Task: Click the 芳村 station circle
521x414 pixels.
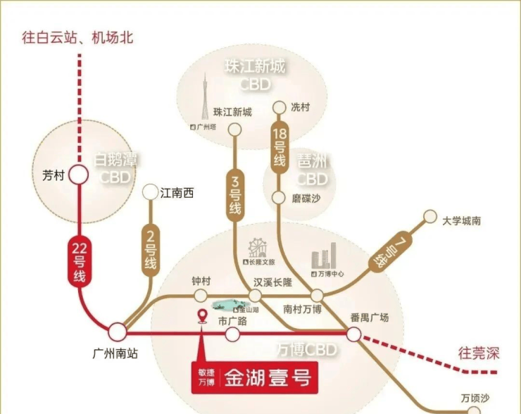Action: coord(78,175)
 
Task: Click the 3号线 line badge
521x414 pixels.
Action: coord(234,194)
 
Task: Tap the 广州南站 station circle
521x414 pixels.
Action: coord(117,331)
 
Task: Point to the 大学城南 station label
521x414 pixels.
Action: coord(462,220)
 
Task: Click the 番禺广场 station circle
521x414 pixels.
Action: coord(353,334)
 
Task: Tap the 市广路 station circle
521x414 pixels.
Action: coord(232,335)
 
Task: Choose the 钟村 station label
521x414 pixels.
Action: coord(201,280)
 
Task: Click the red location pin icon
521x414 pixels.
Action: coord(203,317)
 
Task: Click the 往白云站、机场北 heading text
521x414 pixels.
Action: coord(77,37)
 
